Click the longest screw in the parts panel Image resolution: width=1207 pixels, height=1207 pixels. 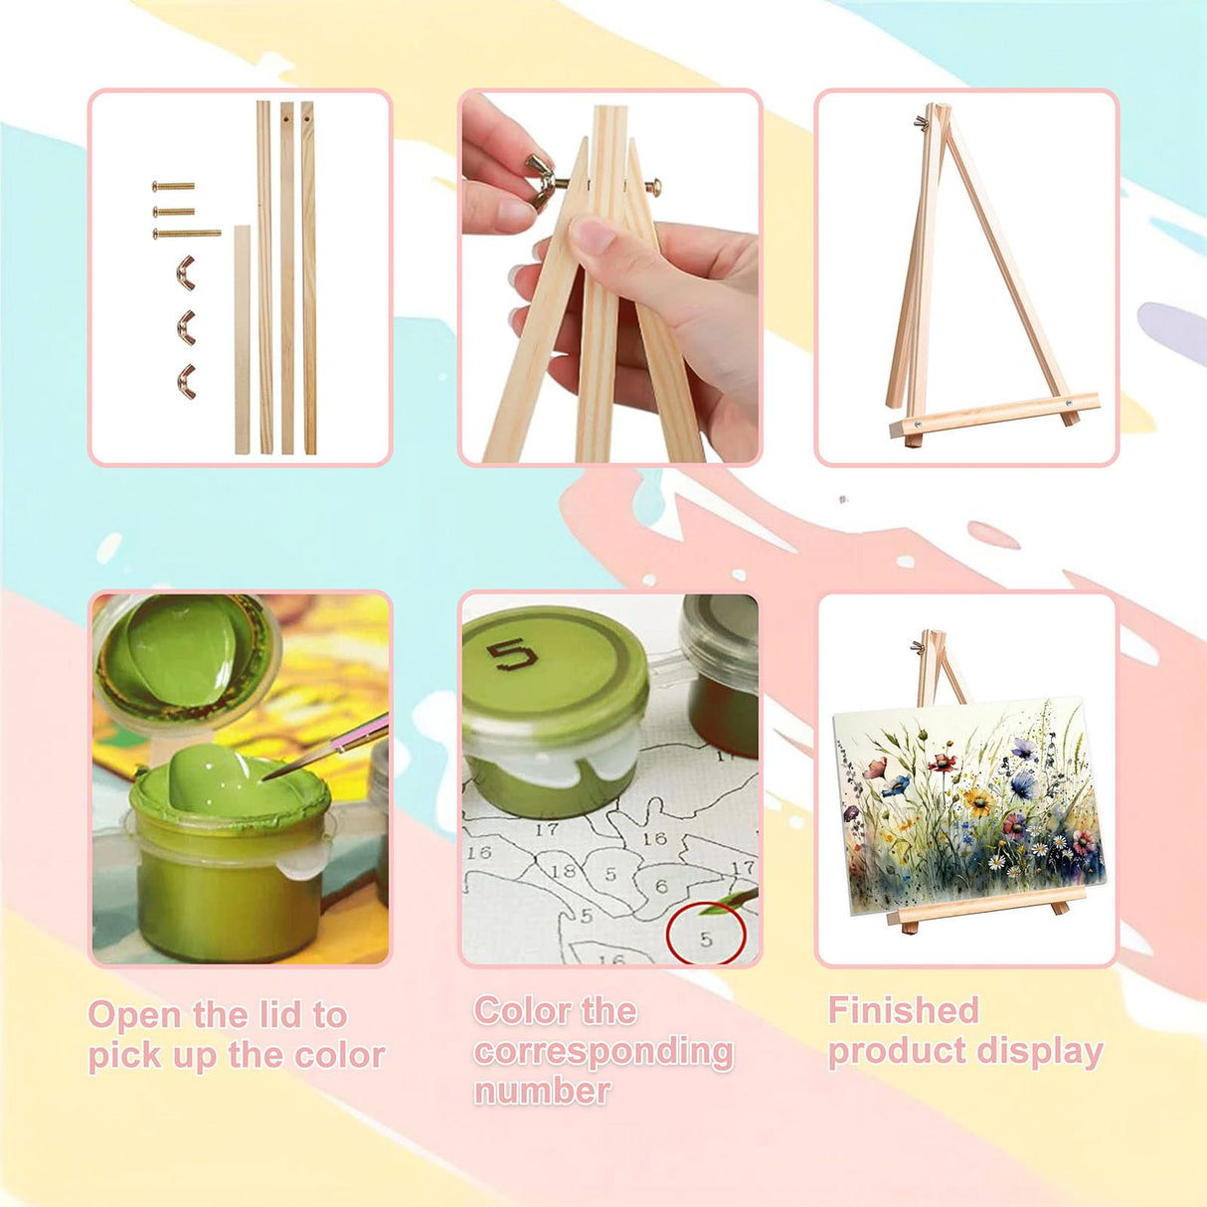point(187,233)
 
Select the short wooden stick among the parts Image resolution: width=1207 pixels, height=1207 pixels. point(242,339)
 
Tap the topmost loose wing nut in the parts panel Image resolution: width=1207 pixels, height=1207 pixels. point(185,272)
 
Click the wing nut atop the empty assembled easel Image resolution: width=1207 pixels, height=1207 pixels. point(920,121)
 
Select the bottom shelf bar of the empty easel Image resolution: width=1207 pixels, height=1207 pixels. point(994,416)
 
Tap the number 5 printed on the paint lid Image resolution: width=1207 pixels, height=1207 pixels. point(513,655)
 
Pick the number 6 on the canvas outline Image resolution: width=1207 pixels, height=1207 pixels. point(661,886)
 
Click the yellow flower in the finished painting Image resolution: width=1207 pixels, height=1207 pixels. point(976,799)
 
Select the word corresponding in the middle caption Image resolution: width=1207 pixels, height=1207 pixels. point(603,1053)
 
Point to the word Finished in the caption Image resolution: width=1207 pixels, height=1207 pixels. point(903,1010)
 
